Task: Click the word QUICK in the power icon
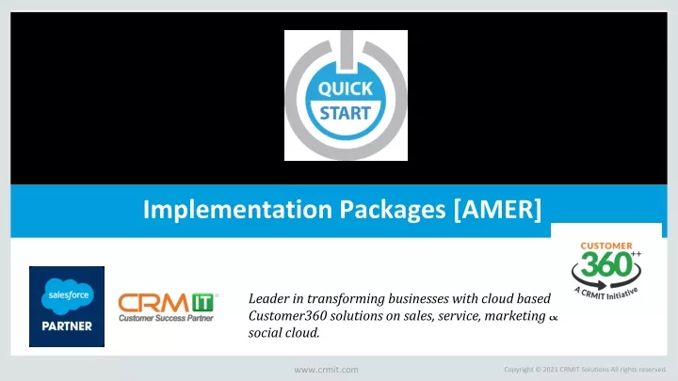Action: coord(345,89)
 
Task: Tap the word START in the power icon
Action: coord(345,113)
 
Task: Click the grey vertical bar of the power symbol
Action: coord(346,50)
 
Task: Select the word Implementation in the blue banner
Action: coord(237,210)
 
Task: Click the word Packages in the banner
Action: coord(392,211)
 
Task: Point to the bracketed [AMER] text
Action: coord(497,210)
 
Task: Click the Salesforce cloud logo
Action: coord(68,296)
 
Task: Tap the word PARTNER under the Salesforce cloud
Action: coord(67,326)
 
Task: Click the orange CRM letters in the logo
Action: coord(153,303)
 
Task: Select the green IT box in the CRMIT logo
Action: coord(202,302)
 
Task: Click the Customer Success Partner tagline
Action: coord(166,318)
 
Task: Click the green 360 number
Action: coord(606,264)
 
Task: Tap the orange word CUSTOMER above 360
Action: coord(606,246)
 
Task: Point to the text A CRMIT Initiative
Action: coord(606,294)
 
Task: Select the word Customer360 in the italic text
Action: coord(287,316)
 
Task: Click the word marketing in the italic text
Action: coord(514,317)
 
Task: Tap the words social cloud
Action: coord(283,333)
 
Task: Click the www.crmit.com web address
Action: coord(326,370)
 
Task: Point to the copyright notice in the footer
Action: coord(585,370)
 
